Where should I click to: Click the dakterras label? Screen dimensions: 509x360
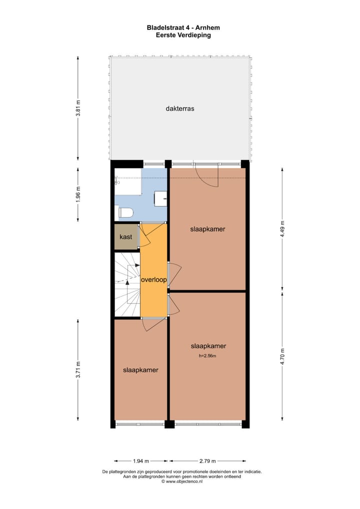tap(179, 108)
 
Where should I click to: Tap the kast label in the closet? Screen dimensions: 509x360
tap(126, 236)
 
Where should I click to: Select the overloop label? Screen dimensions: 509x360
tap(153, 280)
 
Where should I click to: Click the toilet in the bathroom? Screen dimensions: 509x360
tap(126, 213)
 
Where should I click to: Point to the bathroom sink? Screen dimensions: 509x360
tap(161, 198)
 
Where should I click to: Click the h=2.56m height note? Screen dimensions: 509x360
tap(208, 356)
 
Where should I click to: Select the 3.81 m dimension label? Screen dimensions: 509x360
tap(78, 108)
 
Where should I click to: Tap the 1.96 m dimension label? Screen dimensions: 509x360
tap(78, 194)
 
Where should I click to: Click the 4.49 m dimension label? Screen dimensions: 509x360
tap(282, 229)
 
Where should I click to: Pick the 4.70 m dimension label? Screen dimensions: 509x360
tap(282, 357)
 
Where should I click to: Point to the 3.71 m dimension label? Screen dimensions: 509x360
tap(78, 370)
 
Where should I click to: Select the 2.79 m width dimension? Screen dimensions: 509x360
tap(207, 461)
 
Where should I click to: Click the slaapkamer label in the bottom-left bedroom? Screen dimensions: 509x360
tap(141, 370)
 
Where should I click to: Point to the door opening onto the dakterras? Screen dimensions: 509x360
tap(206, 175)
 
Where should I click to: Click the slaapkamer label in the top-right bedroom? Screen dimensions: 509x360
tap(207, 229)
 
